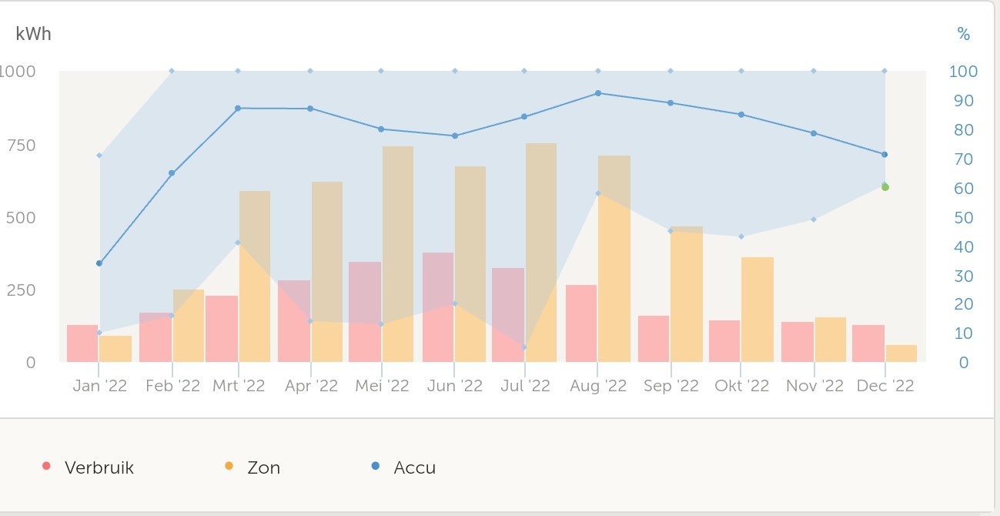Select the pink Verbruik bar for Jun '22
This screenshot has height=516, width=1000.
pos(438,307)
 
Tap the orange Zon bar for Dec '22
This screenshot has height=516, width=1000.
pos(901,353)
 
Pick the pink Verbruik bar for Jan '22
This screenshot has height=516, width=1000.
pos(82,343)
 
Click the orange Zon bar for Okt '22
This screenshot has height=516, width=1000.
pos(758,310)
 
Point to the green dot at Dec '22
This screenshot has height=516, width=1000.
pos(885,187)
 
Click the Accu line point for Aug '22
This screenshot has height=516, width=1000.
pos(598,93)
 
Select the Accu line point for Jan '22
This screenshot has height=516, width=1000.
pos(99,263)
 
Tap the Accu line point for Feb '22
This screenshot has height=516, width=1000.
pos(172,173)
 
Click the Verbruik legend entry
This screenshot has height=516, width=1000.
pos(99,467)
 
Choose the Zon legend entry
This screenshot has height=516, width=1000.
pos(263,467)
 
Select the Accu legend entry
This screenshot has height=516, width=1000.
pos(414,467)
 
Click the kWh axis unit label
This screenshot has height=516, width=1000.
pos(34,34)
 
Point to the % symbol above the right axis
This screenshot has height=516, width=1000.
pos(963,34)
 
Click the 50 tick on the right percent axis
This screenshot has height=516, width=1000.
pos(963,218)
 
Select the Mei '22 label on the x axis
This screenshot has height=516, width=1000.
pos(382,386)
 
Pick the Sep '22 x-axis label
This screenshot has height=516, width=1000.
pos(671,386)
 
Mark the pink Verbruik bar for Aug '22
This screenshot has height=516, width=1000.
pos(581,323)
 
